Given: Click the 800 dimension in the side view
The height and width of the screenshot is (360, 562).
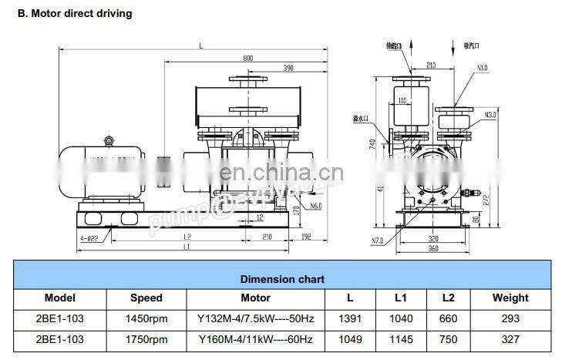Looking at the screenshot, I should point(247,58).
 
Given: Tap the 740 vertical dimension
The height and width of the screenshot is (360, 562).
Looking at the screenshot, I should point(374,146).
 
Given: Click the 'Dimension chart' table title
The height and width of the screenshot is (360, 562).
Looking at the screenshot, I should point(282,279).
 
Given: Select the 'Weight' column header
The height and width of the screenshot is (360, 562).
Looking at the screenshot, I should point(510,298).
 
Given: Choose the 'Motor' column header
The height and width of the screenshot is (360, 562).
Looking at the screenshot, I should point(255,298).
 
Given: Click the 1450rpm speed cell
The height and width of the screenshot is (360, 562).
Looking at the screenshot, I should point(146,318).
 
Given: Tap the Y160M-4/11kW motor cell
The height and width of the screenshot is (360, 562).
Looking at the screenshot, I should point(255,339).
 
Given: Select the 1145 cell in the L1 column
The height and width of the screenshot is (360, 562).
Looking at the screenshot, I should point(401,339).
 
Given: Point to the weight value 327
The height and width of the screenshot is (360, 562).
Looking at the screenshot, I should point(510,339).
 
